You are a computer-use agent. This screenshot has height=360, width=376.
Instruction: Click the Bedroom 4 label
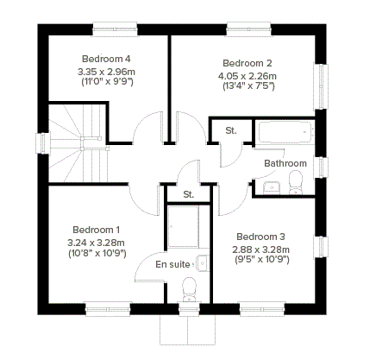click(106, 59)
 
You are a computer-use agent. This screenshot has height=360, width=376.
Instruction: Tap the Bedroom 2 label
click(248, 63)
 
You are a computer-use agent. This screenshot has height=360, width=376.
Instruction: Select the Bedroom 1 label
click(97, 230)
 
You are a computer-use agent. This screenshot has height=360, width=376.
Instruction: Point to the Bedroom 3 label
click(260, 237)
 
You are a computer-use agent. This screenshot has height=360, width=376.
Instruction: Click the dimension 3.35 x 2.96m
click(106, 72)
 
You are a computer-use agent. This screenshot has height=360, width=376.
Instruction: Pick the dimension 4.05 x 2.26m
click(248, 76)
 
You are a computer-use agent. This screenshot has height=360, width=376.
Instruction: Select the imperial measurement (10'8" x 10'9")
click(97, 254)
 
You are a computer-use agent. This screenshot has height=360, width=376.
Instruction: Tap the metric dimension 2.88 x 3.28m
click(260, 249)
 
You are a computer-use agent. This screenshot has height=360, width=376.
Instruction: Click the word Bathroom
click(285, 163)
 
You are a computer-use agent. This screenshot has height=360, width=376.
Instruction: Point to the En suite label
click(172, 264)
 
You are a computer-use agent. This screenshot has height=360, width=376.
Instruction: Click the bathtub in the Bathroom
click(286, 132)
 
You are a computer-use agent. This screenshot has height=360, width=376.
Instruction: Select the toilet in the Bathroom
click(295, 182)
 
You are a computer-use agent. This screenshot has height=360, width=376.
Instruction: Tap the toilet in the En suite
click(189, 289)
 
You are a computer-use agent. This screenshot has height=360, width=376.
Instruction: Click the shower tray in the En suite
click(183, 227)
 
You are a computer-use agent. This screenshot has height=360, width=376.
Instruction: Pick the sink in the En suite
click(202, 263)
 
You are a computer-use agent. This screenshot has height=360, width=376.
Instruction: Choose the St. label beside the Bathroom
click(231, 130)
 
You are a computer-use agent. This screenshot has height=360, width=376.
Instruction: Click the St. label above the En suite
click(189, 194)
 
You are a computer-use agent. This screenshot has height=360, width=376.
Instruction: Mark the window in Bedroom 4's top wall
click(115, 29)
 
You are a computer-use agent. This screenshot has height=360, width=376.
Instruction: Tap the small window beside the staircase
click(42, 143)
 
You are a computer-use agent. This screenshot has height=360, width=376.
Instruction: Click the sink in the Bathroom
click(272, 187)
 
